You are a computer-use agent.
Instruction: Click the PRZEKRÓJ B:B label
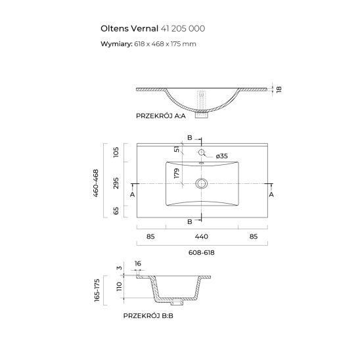point(148,316)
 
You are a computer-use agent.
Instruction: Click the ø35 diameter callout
point(221,156)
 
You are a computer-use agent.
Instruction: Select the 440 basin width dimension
point(202,235)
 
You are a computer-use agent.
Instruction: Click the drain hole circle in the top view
point(202,183)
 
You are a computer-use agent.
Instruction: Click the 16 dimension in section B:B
point(139,265)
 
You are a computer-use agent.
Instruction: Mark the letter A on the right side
point(271,195)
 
